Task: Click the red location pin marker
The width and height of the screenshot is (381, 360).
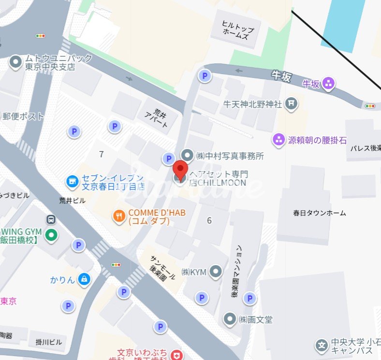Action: [181, 170]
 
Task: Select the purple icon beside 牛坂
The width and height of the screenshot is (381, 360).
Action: [329, 84]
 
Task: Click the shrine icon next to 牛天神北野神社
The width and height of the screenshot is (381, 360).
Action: [291, 103]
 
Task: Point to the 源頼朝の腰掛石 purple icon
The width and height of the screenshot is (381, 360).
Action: [279, 140]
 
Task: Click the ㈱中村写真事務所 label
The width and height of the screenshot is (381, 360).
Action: [230, 156]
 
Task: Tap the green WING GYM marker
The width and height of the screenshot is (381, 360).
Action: [51, 236]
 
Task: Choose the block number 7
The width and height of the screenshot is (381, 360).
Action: [101, 154]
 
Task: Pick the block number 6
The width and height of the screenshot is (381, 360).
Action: [209, 221]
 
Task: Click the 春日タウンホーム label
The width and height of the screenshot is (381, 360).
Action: [320, 213]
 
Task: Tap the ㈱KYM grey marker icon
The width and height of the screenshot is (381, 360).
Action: [216, 272]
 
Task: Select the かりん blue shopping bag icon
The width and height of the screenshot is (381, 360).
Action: [84, 279]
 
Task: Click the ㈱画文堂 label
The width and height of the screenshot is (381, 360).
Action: [255, 319]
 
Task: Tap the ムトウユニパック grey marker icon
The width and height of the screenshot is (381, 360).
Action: [16, 62]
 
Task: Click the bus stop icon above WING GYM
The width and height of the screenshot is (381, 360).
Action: [51, 219]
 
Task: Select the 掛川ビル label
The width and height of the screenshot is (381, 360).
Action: [48, 342]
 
